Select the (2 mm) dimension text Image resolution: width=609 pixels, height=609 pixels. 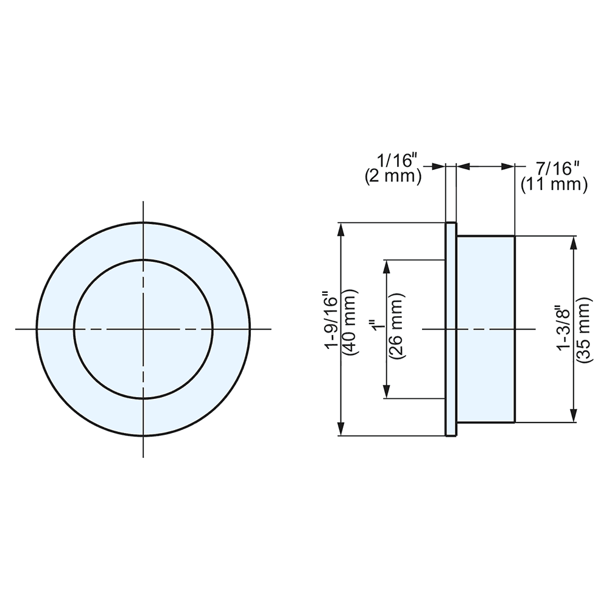tap(393, 177)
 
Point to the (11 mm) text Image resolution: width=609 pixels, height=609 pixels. tap(554, 185)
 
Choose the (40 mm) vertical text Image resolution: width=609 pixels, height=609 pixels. tap(349, 329)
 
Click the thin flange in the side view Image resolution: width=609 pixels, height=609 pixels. tap(451, 329)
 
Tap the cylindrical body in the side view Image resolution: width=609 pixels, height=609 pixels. tap(485, 329)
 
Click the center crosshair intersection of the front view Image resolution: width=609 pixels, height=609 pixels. tap(143, 329)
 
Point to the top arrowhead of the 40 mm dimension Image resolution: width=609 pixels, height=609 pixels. tap(342, 228)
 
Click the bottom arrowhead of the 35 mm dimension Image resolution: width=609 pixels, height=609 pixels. tap(573, 416)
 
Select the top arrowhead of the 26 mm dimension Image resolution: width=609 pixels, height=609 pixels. tap(386, 266)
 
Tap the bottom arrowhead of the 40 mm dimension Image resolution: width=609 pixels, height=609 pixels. tap(342, 430)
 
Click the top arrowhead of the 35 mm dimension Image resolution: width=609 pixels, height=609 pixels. tap(573, 242)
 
